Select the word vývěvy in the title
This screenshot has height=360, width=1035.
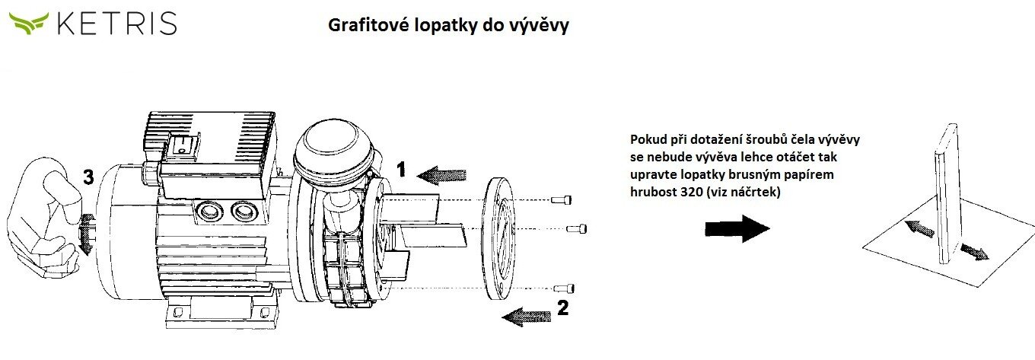click(x=543, y=26)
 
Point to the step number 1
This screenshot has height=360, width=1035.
click(x=403, y=169)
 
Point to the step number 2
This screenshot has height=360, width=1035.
click(x=563, y=308)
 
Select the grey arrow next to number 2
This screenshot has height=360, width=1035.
click(x=527, y=314)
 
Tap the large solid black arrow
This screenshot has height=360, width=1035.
click(x=737, y=228)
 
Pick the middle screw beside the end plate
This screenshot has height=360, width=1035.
click(x=579, y=228)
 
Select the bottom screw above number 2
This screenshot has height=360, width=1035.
click(x=564, y=288)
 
